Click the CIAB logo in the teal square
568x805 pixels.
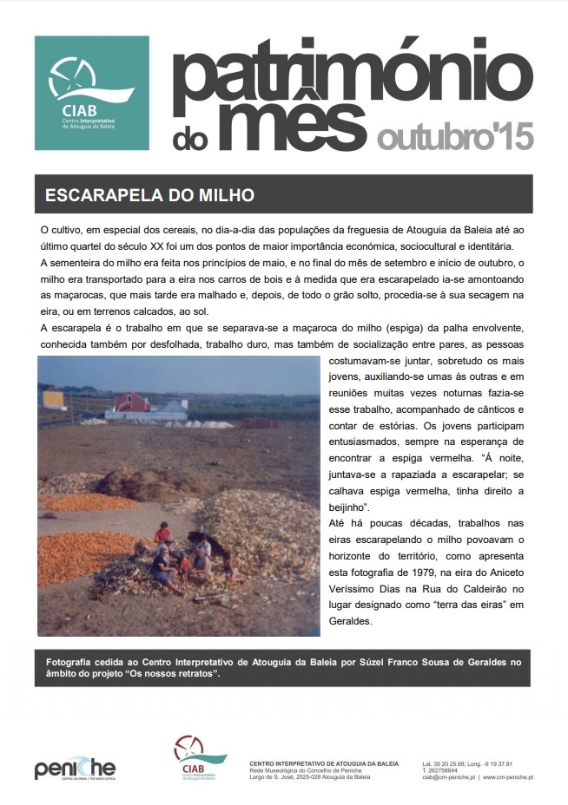click(x=91, y=92)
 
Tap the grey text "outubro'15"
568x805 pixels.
click(x=454, y=136)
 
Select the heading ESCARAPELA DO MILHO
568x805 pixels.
click(x=149, y=195)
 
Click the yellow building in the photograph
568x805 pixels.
click(x=53, y=399)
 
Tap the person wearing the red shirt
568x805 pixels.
click(x=162, y=532)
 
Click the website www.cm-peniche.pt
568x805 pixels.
click(x=507, y=777)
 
